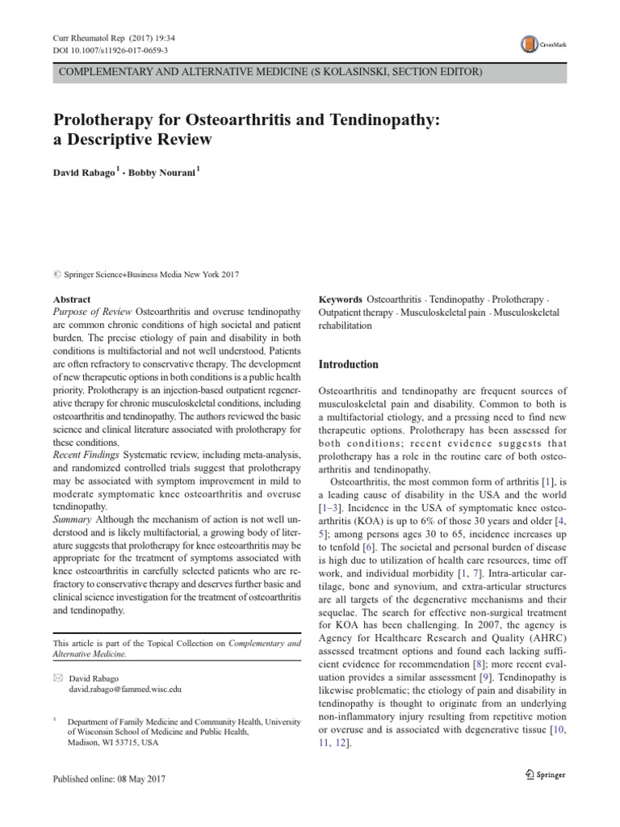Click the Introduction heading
point(349,364)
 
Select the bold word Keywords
point(341,299)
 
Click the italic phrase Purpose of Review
point(92,312)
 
